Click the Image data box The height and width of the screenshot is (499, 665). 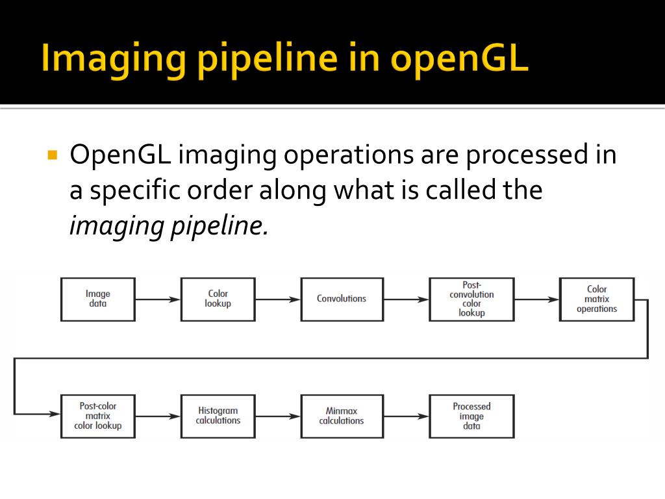pyautogui.click(x=98, y=299)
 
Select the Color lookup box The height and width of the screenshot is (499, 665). pyautogui.click(x=218, y=299)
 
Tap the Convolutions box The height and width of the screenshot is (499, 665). pyautogui.click(x=342, y=299)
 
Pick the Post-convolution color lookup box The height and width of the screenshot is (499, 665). pyautogui.click(x=471, y=299)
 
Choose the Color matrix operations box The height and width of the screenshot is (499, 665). pyautogui.click(x=597, y=299)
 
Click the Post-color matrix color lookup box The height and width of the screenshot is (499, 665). pyautogui.click(x=98, y=416)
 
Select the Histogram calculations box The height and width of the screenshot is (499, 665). pyautogui.click(x=218, y=416)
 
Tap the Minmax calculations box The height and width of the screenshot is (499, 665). pyautogui.click(x=342, y=416)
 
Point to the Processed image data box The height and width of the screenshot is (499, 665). pyautogui.click(x=471, y=416)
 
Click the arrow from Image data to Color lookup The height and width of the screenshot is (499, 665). pyautogui.click(x=158, y=300)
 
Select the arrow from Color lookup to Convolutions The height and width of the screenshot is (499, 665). pyautogui.click(x=277, y=300)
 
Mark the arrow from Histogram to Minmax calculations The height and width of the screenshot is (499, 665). pyautogui.click(x=277, y=416)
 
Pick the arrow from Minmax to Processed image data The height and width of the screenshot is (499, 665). pyautogui.click(x=406, y=416)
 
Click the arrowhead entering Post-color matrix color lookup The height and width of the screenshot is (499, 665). pyautogui.click(x=55, y=413)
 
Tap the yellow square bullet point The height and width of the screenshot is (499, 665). pyautogui.click(x=53, y=156)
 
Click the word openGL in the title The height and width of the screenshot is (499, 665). pyautogui.click(x=460, y=58)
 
